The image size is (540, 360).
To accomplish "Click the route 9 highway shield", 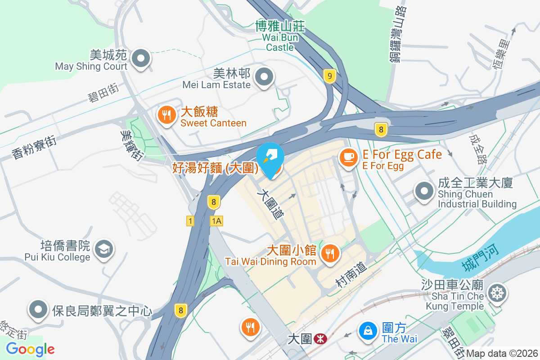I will pos(330,76).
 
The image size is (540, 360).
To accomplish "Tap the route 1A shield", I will pos(216,221).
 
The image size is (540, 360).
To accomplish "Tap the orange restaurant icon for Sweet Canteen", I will pos(166,115).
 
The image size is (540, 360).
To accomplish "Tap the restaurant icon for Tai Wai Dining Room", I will pos(331,254).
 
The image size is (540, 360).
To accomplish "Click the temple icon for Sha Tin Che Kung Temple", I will pos(497,293).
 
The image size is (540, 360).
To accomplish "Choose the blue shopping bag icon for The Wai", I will pos(368,331).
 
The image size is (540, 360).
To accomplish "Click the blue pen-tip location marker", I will pos(270,160).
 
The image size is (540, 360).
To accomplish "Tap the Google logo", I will pos(31,349).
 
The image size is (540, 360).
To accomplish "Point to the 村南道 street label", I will pos(351,275).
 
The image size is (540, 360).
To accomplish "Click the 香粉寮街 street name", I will pos(35,148).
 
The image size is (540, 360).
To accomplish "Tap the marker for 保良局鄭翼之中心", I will pos(39,310).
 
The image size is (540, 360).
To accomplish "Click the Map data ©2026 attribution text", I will pos(502,353).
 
